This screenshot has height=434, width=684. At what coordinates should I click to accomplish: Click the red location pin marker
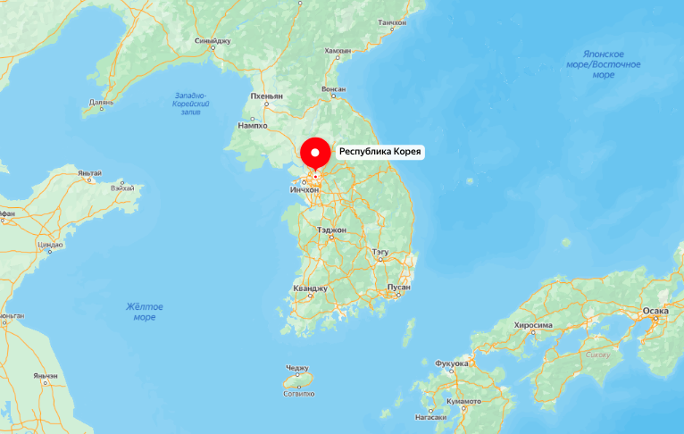(314, 154)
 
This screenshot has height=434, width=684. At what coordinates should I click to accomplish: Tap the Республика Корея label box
(380, 152)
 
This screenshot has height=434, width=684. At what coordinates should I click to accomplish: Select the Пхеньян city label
(266, 96)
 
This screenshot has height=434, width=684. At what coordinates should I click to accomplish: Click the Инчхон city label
(304, 189)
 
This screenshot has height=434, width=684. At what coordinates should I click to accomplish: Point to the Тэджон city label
(331, 230)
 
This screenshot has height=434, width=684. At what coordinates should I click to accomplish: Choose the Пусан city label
(398, 287)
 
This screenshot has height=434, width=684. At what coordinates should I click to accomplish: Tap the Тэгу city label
(380, 253)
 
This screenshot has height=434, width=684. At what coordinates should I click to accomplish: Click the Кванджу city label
(311, 288)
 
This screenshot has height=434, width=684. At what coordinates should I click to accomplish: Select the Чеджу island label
(297, 368)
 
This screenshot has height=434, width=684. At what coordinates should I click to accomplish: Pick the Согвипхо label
(298, 393)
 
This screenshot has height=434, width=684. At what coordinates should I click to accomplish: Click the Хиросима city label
(533, 326)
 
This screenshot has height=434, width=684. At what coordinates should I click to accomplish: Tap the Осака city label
(655, 311)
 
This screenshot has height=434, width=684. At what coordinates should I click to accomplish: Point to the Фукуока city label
(451, 363)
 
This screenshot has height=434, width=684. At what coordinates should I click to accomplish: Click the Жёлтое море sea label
(145, 312)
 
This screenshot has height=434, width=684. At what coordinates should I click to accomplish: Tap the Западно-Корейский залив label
(189, 104)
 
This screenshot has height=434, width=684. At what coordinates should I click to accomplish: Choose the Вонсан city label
(333, 90)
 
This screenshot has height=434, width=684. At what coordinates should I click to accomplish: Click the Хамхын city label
(338, 51)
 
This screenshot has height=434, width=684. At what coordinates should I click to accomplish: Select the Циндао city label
(50, 244)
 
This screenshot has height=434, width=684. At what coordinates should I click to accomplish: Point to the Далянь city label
(102, 102)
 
